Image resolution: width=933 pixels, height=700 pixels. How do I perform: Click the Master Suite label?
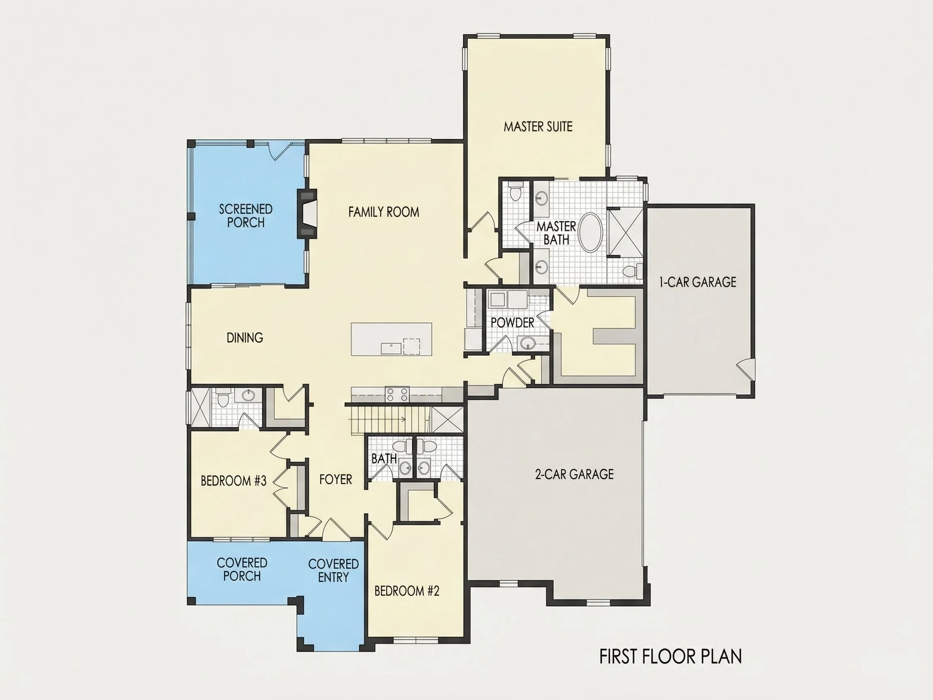click(x=538, y=126)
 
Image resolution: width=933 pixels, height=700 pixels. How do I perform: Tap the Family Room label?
click(x=384, y=212)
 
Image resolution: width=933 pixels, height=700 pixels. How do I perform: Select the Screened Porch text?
click(x=246, y=216)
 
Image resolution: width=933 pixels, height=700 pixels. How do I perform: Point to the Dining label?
click(x=245, y=337)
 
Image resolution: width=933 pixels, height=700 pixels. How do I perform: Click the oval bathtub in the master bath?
click(x=590, y=233)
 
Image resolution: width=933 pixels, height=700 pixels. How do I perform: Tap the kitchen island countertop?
click(x=392, y=339)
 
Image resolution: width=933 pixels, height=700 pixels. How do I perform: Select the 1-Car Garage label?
click(x=698, y=282)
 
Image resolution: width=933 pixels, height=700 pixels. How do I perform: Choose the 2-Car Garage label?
click(x=575, y=474)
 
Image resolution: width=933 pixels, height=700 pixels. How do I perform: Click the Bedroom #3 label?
click(x=234, y=480)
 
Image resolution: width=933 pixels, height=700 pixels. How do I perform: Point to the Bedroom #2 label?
click(x=407, y=591)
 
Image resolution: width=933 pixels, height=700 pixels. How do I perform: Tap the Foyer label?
click(x=336, y=479)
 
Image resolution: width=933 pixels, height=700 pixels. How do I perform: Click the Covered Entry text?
click(x=333, y=570)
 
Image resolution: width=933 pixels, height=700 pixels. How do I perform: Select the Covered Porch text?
click(x=242, y=569)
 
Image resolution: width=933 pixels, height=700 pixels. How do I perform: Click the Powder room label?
click(x=513, y=323)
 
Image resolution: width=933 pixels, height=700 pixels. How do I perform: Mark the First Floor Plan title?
click(x=671, y=657)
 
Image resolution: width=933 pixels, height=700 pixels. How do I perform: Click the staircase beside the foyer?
click(x=389, y=420)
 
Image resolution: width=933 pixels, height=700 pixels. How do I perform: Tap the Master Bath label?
click(x=556, y=233)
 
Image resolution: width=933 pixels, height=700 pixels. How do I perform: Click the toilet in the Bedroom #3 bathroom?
click(x=222, y=399)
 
